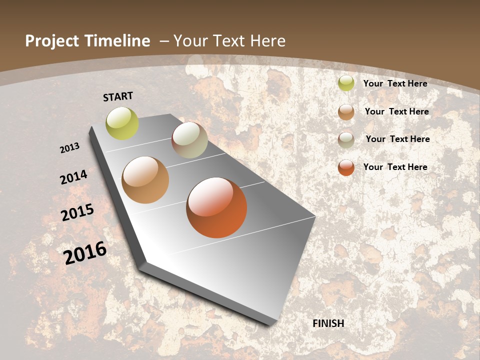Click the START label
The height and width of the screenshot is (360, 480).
(x=118, y=96)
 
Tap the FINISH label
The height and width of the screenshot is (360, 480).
(x=328, y=323)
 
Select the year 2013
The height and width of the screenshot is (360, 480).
(x=70, y=148)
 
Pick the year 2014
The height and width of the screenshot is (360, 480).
(x=74, y=177)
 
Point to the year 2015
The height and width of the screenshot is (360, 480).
(x=77, y=212)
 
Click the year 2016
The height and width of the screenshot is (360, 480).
(x=85, y=253)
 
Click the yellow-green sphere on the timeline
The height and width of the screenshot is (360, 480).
(x=122, y=123)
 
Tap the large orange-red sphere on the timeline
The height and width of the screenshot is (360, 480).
(x=216, y=207)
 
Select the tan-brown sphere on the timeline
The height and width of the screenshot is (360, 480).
(x=145, y=180)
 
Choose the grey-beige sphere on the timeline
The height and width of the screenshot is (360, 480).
(x=189, y=140)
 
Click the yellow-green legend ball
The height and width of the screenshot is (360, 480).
(x=346, y=83)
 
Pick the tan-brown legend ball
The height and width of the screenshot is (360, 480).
(x=346, y=112)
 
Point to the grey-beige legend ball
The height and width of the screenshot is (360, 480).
(x=346, y=140)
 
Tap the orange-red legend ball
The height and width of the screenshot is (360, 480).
(x=346, y=167)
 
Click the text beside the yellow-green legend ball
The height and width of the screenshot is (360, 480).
(x=395, y=83)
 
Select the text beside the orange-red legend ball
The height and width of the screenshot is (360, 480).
(x=395, y=167)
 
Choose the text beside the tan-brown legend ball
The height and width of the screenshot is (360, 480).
(x=396, y=111)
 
